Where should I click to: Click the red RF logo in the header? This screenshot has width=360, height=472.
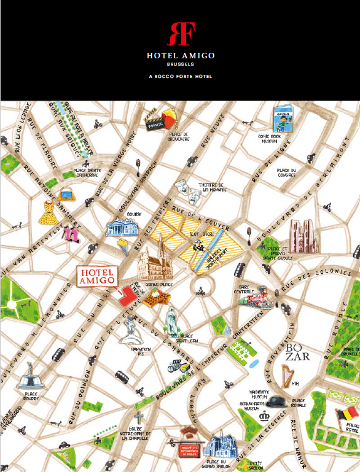coord(179,33)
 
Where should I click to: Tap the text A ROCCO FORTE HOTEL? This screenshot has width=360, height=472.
coord(180,77)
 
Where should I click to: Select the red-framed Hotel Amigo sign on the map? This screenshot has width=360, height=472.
coord(96,276)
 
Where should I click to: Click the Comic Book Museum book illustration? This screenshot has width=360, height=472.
coord(283,118)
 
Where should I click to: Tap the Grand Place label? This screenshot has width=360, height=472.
coord(155,285)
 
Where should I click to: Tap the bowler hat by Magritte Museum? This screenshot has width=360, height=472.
coord(276,401)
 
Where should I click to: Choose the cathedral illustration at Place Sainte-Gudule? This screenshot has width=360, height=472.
coord(302,236)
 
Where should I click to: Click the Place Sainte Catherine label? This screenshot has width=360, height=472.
coord(86,172)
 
